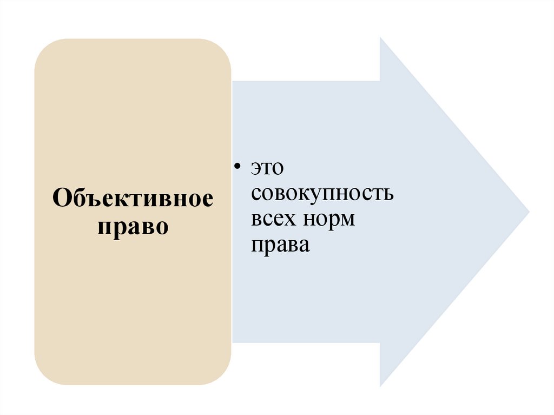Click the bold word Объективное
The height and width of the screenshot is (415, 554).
pyautogui.click(x=133, y=199)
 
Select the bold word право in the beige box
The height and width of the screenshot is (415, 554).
pyautogui.click(x=133, y=226)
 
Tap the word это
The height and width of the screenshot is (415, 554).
pyautogui.click(x=267, y=168)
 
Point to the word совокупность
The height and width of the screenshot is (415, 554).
pyautogui.click(x=322, y=194)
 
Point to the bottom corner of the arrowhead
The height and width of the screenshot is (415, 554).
pyautogui.click(x=381, y=385)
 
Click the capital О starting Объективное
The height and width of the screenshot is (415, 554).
pyautogui.click(x=61, y=199)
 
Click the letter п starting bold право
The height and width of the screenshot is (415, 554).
pyautogui.click(x=104, y=227)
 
